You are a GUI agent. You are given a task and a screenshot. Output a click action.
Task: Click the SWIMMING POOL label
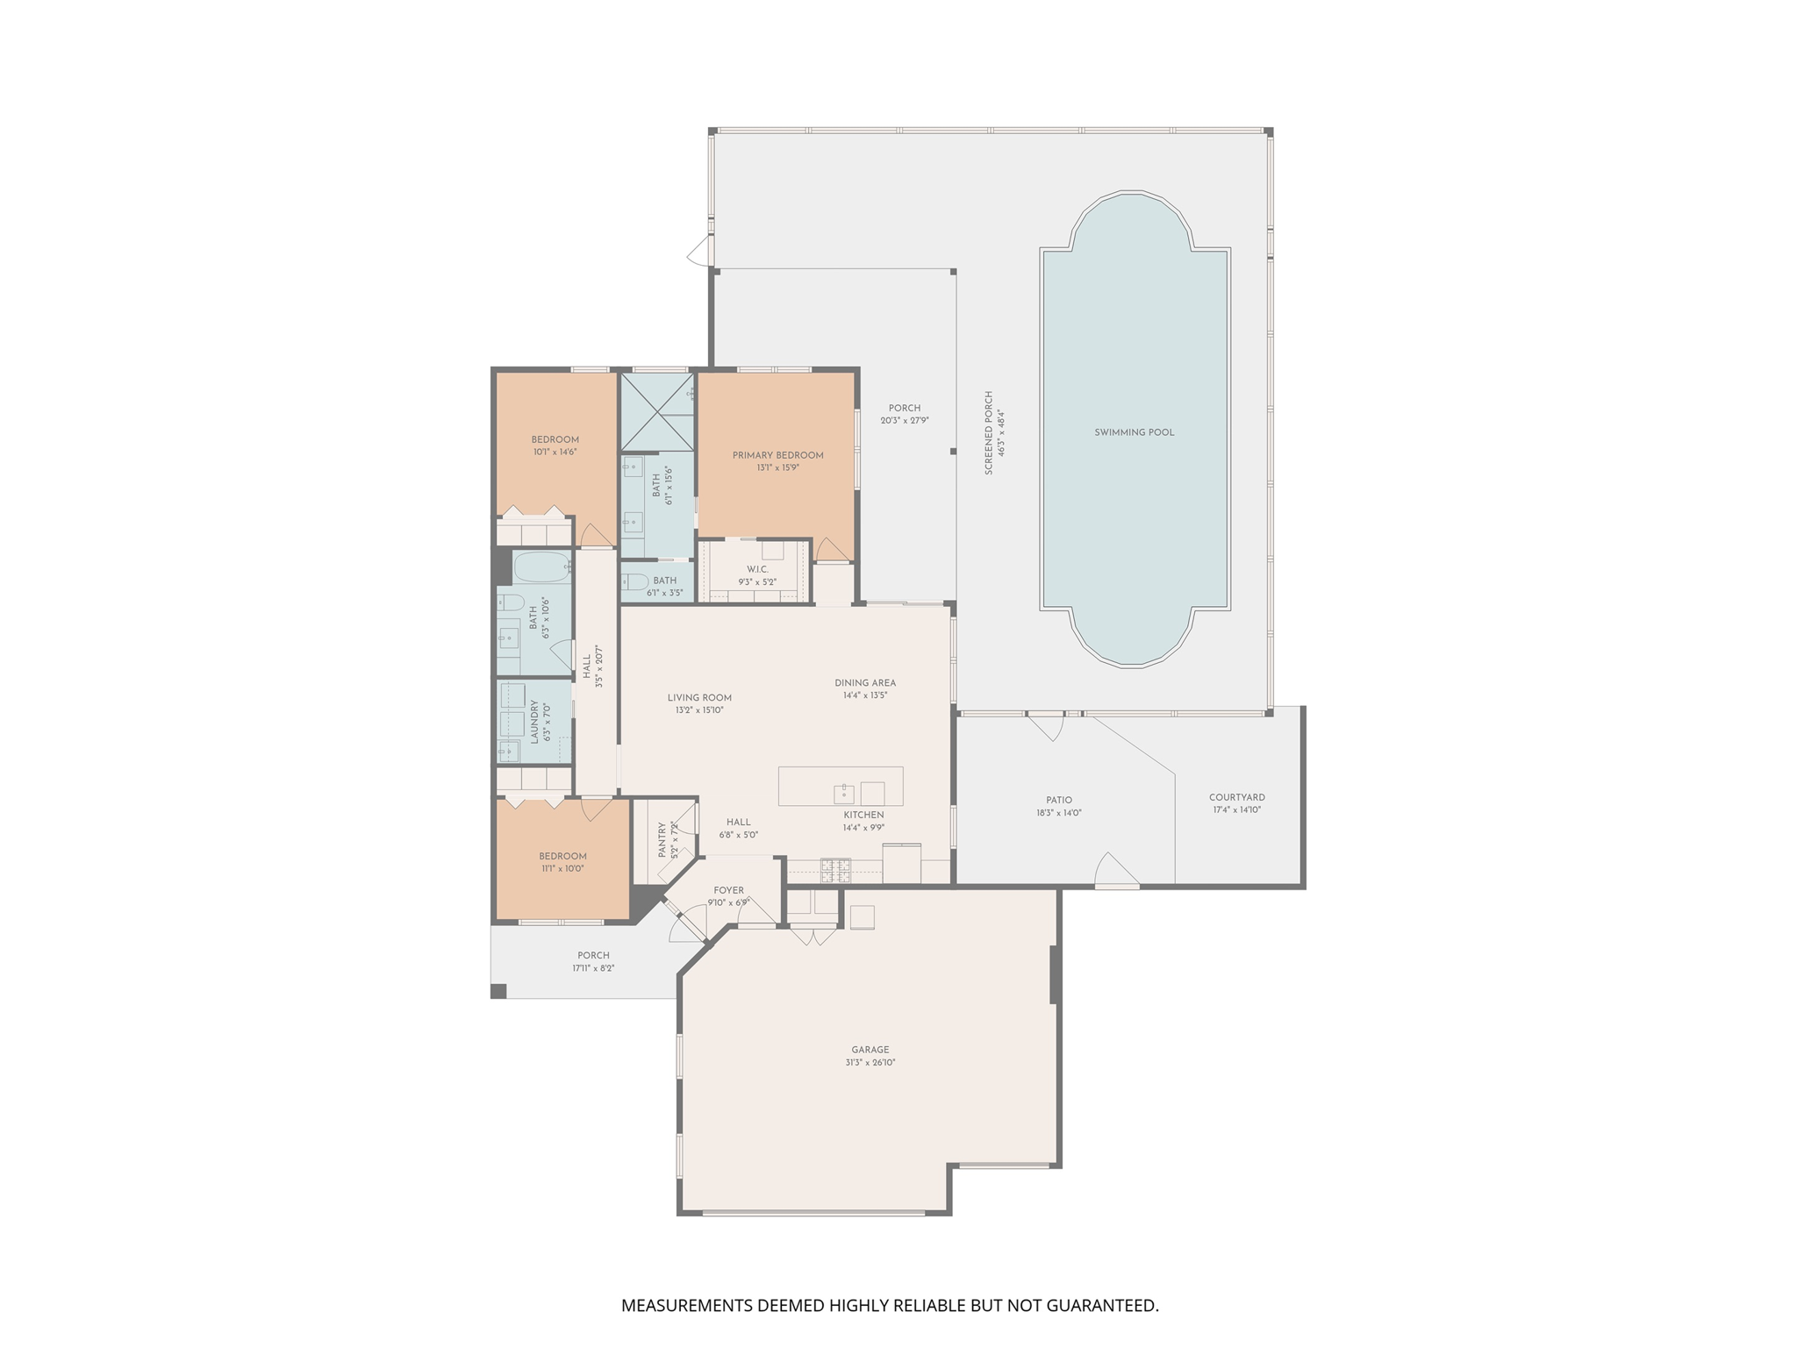[1134, 432]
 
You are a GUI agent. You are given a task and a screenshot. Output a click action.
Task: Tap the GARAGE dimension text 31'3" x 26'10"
[870, 1062]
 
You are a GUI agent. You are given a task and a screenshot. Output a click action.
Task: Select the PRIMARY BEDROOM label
[777, 455]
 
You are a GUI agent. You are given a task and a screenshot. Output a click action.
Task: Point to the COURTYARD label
[1236, 797]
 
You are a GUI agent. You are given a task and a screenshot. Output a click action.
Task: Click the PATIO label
[1058, 800]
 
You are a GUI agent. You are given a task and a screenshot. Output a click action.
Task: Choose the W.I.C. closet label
[757, 569]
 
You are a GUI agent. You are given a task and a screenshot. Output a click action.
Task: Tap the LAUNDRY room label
[533, 721]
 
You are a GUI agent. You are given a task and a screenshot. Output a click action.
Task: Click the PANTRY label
[662, 839]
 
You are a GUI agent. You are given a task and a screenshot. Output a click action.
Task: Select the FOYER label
[728, 890]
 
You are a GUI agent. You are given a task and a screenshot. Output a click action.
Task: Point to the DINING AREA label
[864, 682]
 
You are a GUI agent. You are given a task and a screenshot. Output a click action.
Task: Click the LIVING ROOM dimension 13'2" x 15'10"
[699, 710]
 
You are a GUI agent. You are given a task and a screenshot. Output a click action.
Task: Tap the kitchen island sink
[843, 794]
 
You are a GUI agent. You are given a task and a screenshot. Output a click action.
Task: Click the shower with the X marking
[656, 412]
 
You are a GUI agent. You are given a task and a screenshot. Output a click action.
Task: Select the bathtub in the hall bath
[541, 568]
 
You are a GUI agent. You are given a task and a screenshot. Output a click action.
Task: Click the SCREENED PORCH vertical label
[989, 433]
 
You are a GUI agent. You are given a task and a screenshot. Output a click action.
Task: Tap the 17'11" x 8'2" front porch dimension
[593, 968]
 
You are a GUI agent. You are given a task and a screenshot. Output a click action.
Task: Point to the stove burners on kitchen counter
[834, 870]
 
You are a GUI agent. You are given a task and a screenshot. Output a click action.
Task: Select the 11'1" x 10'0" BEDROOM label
[562, 856]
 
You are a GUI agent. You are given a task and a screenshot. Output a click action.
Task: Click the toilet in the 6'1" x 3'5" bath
[635, 581]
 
